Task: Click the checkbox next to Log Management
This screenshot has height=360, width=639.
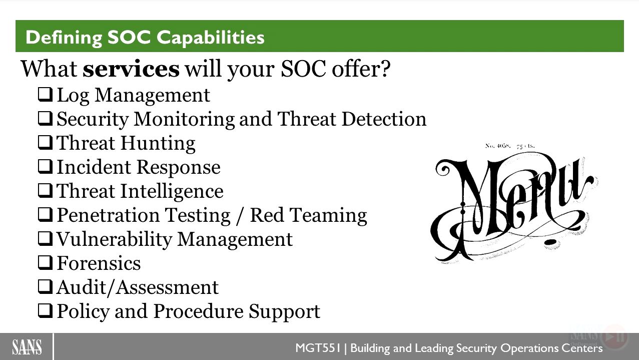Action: [45, 95]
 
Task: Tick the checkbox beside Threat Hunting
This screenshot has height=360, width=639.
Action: [45, 143]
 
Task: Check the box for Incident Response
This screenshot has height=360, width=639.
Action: [45, 166]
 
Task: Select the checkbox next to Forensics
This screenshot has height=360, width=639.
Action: [45, 262]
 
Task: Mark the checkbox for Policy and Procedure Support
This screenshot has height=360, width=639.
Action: [45, 310]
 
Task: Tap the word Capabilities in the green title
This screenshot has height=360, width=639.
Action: [211, 38]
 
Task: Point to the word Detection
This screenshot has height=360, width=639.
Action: [384, 119]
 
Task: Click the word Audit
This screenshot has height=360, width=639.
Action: [81, 287]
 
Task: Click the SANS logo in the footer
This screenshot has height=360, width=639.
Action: [27, 347]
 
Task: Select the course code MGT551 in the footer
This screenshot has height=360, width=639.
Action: [318, 348]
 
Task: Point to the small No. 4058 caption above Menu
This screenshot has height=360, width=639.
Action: [498, 146]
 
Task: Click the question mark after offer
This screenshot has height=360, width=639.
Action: [385, 69]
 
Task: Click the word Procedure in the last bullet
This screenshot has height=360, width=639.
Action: [199, 311]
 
